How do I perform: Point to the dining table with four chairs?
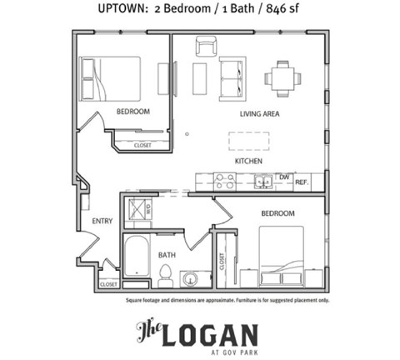pyautogui.click(x=283, y=79)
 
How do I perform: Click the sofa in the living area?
pyautogui.click(x=232, y=78)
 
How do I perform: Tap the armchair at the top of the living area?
pyautogui.click(x=206, y=47)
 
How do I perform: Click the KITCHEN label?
pyautogui.click(x=248, y=160)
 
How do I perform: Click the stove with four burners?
pyautogui.click(x=223, y=181)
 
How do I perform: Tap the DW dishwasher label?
pyautogui.click(x=283, y=177)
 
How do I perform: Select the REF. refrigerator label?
pyautogui.click(x=302, y=182)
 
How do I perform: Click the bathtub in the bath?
pyautogui.click(x=136, y=257)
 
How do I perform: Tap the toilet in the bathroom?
pyautogui.click(x=165, y=273)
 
